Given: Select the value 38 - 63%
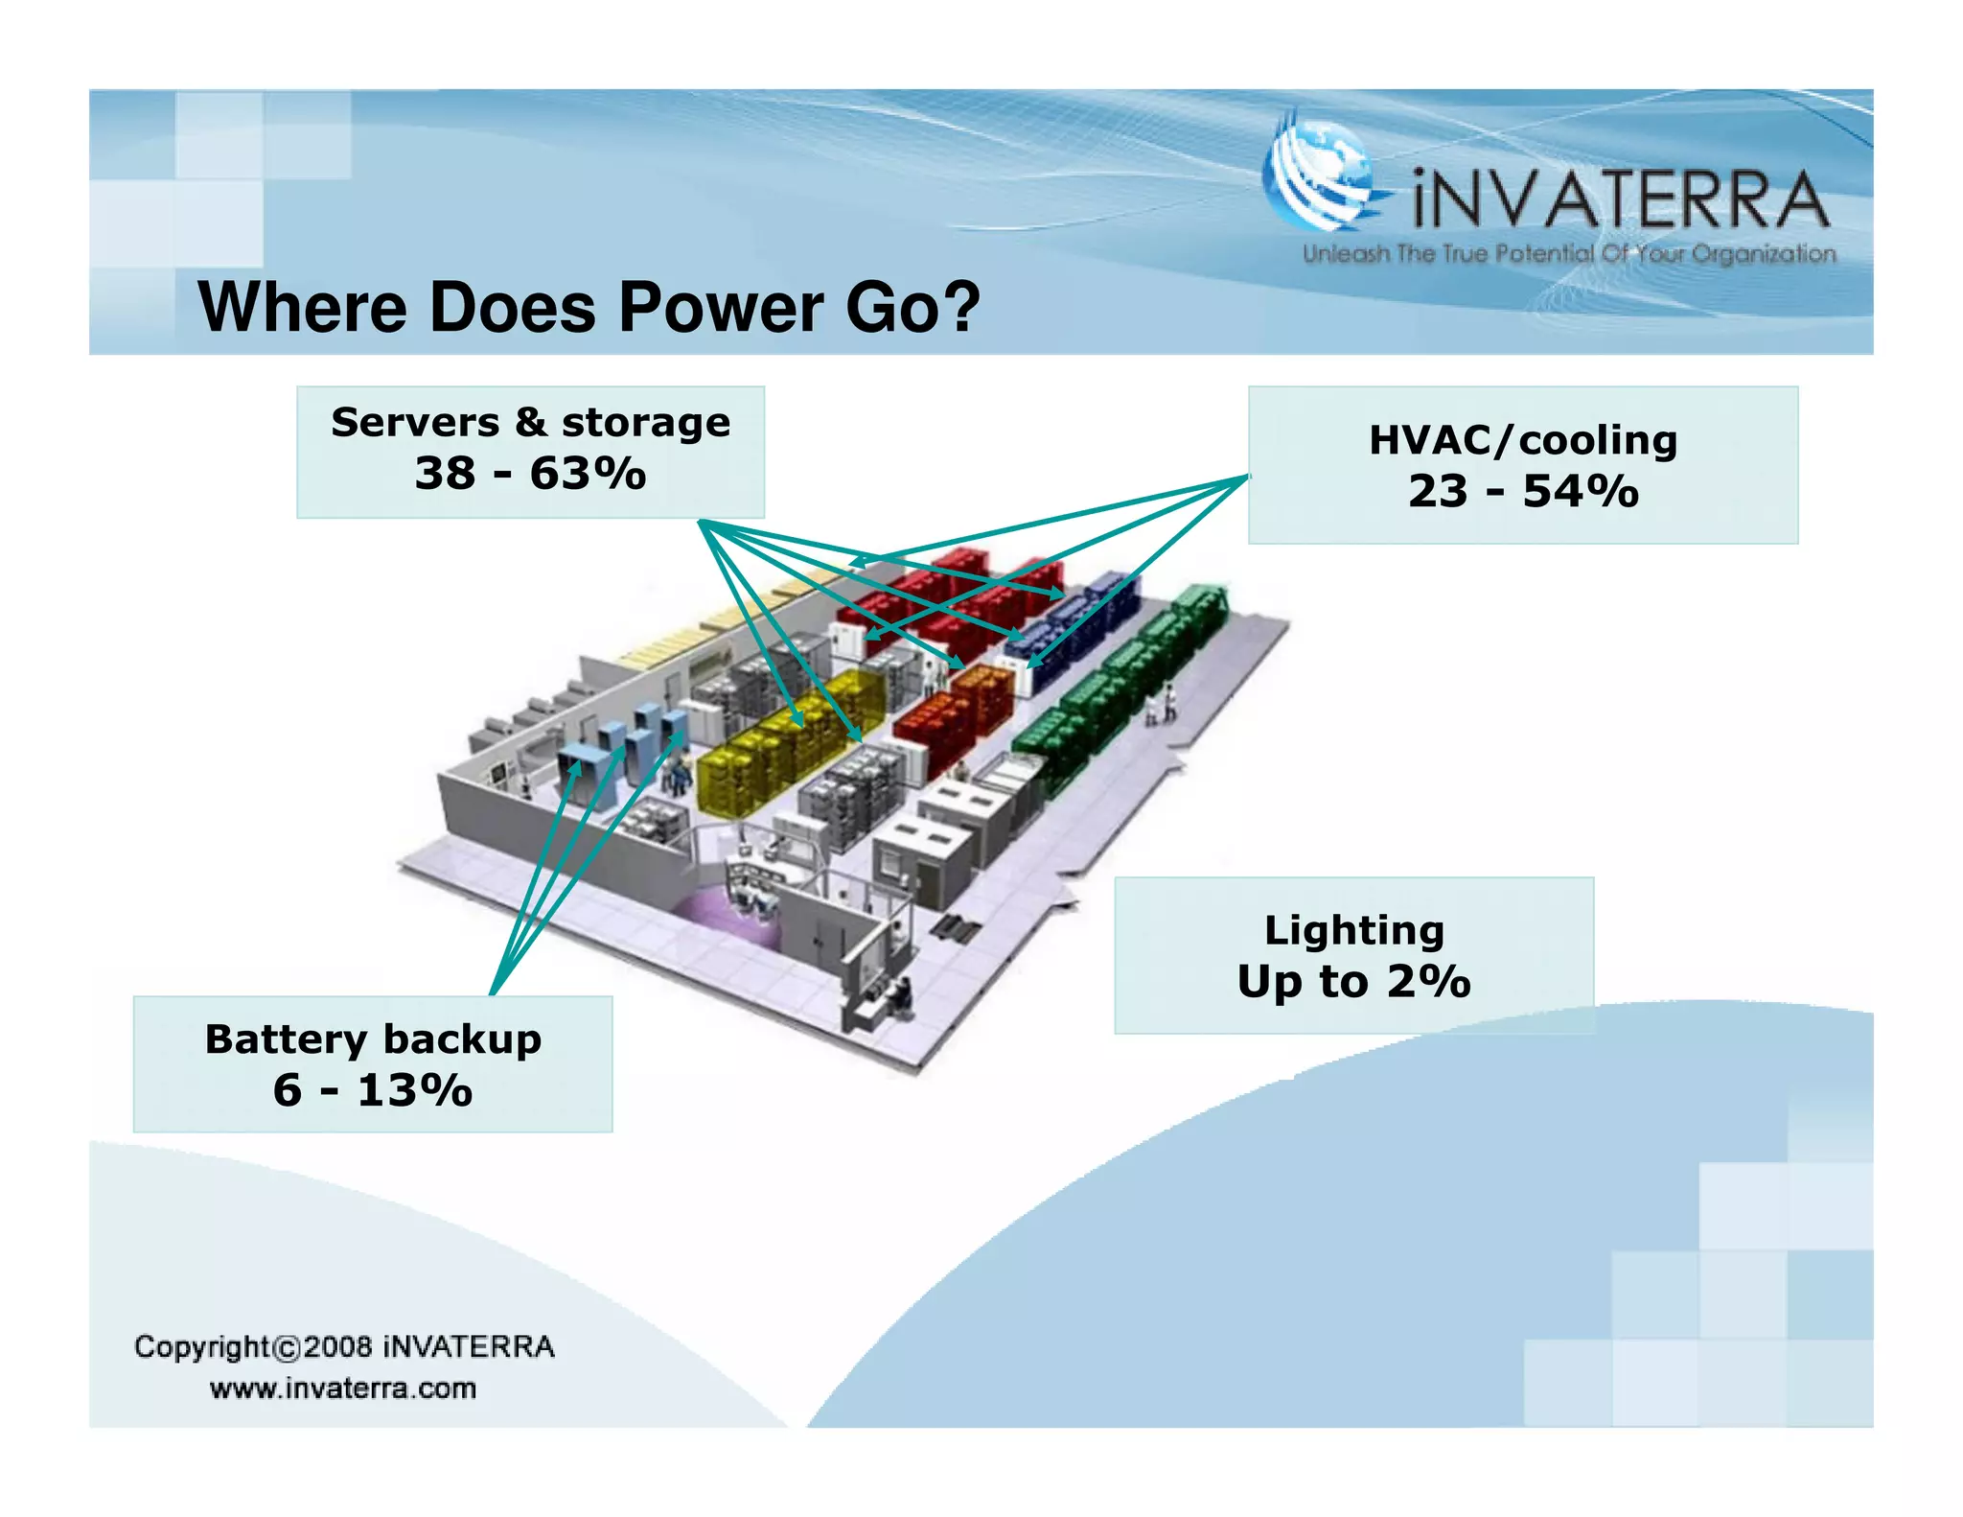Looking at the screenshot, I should tap(530, 473).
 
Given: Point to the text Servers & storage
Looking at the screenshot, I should tap(530, 422).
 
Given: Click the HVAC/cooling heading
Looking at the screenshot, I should tap(1522, 440).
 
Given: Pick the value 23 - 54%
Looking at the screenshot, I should tap(1522, 491).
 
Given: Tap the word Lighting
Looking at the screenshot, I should tap(1353, 930).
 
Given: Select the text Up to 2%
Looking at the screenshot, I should tap(1353, 981).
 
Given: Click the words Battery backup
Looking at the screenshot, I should tap(373, 1039).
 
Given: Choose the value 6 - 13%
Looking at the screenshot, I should tap(373, 1090).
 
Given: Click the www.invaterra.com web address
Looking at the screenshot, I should tap(343, 1389).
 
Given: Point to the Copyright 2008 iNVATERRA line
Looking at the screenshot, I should tap(344, 1346).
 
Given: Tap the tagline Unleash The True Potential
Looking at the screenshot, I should tap(1569, 254).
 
